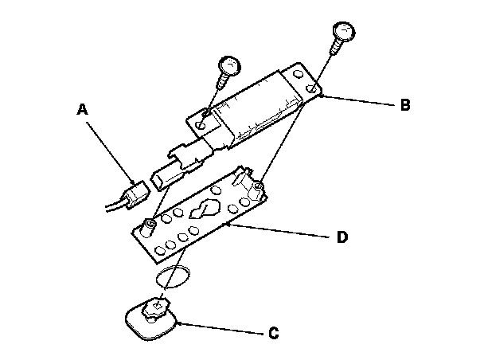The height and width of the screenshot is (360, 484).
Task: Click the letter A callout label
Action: coord(81,112)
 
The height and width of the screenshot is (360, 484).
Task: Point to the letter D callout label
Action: coord(342,238)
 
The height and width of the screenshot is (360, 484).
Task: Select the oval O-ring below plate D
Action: coord(172,276)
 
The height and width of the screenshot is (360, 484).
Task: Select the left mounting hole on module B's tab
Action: coord(199,124)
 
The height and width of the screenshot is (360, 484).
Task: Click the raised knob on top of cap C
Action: coord(161,304)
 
